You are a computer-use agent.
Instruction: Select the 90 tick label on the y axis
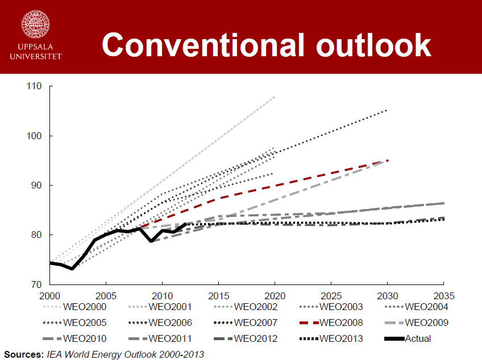coord(36,185)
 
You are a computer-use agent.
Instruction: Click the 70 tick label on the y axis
coord(36,284)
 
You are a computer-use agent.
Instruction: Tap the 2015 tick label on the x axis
coord(218,295)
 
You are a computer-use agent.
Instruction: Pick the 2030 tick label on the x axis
coord(387,295)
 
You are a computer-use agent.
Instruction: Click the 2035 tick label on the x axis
coord(442,295)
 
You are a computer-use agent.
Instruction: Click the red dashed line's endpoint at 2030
coord(388,160)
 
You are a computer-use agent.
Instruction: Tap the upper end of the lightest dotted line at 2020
coord(275,97)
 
